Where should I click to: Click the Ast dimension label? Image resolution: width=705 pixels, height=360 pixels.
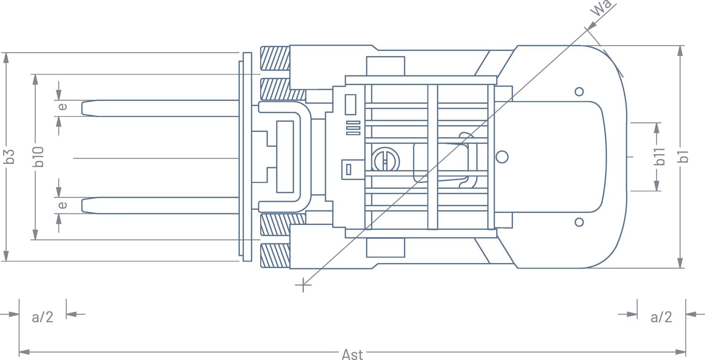(x=352, y=354)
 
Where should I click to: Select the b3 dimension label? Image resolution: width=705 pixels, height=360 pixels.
(x=10, y=157)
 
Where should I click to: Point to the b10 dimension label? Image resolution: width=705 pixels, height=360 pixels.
(x=38, y=157)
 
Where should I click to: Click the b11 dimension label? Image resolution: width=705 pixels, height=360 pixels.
(x=659, y=157)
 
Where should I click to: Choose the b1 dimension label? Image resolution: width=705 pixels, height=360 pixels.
(x=683, y=157)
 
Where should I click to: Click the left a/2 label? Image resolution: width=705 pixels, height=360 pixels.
(x=42, y=317)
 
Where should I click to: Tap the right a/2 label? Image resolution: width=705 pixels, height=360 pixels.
(x=661, y=317)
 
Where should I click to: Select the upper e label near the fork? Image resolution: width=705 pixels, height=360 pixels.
(x=62, y=106)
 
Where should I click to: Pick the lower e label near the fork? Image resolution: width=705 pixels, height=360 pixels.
(x=62, y=205)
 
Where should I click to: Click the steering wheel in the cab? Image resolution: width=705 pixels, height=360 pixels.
(x=386, y=161)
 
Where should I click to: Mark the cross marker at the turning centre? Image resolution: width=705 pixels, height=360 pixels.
(x=303, y=285)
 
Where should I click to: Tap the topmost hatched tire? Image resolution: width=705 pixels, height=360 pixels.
(x=275, y=58)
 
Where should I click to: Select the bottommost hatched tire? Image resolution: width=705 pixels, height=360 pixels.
(x=275, y=256)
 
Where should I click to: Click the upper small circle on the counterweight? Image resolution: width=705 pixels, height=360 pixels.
(x=579, y=92)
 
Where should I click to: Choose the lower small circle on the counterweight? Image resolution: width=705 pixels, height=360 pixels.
(x=579, y=222)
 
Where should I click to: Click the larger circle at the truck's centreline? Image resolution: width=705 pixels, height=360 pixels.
(x=502, y=157)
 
